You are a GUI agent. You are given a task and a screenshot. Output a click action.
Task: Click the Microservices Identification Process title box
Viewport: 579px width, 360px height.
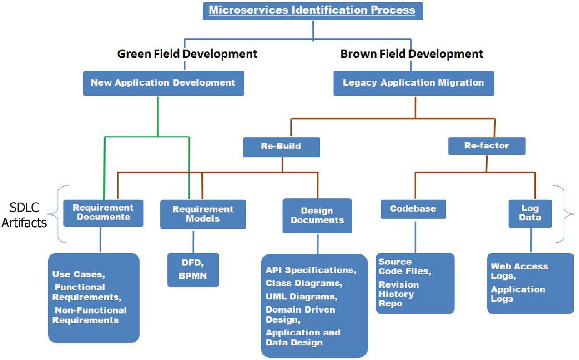coord(312,10)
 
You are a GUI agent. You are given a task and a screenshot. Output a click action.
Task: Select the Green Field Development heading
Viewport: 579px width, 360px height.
coord(187,54)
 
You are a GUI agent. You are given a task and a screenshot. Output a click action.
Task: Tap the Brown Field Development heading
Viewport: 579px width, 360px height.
coord(412,54)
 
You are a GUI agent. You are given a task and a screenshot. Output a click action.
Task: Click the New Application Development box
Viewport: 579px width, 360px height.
coord(163,83)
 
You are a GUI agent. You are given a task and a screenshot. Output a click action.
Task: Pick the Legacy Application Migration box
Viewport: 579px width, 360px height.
coord(413,83)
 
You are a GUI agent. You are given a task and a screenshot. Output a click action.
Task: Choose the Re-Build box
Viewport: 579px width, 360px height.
coord(281,147)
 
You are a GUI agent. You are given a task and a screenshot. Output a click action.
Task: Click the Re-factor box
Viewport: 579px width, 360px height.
coord(487,146)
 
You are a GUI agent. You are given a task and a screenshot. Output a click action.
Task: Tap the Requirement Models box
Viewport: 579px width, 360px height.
coord(203,214)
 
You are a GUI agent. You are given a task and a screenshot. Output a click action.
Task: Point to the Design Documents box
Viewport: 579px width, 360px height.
coord(317,215)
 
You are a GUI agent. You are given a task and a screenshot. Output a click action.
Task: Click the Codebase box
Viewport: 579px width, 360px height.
coord(413,209)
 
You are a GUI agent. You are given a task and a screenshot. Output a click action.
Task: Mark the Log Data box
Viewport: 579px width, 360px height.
coord(530,213)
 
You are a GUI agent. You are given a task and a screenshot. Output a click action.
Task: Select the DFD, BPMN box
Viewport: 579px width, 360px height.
coord(193,269)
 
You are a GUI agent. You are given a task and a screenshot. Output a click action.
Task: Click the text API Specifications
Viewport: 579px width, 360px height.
coord(311,270)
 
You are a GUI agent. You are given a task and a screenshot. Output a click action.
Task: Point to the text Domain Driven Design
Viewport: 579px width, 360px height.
coord(300,314)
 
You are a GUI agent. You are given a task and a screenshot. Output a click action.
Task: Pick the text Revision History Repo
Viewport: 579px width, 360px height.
coord(396,294)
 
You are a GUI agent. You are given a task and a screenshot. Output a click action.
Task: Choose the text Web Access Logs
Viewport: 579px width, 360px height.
coord(519,271)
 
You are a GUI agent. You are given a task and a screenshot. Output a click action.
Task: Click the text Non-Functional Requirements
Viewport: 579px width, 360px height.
coord(90,315)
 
